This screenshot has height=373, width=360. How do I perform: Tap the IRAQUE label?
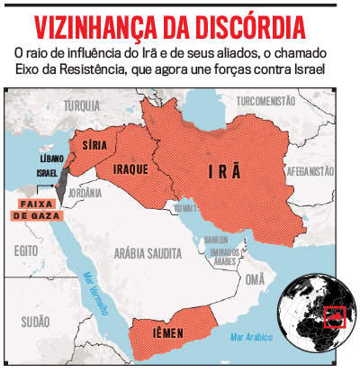click(131, 168)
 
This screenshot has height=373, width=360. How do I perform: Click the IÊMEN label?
click(166, 333)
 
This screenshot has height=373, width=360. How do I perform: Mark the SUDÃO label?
click(35, 321)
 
